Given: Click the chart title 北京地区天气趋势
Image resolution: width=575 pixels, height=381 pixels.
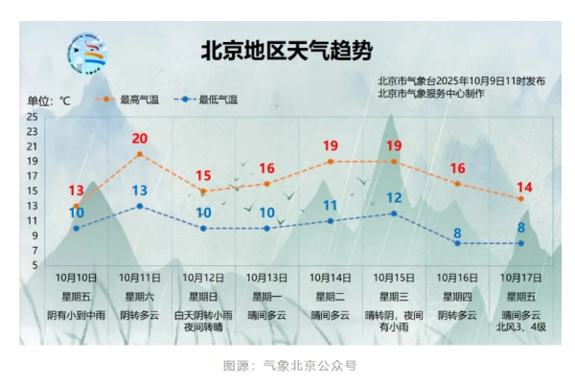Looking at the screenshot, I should (x=286, y=51).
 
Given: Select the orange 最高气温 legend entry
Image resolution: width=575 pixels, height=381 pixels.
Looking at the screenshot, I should (x=122, y=99).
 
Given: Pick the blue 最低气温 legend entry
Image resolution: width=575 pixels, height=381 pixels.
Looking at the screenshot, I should (x=206, y=99).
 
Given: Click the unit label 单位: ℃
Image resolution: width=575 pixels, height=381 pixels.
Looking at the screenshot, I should (x=49, y=100).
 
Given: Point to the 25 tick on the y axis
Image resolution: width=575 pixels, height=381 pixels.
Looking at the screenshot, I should (x=33, y=117).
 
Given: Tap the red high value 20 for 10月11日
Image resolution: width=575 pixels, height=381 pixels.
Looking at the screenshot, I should (x=140, y=139).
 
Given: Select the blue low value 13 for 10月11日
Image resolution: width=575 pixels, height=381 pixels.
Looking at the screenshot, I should (x=140, y=190).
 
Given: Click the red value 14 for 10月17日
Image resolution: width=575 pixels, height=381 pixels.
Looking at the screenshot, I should (x=521, y=187).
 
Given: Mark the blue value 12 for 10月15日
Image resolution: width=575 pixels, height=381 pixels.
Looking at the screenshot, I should (x=394, y=198).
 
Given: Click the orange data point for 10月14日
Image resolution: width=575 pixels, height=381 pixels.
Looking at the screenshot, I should (x=331, y=162).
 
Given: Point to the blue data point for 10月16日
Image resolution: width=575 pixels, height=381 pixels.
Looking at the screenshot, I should (x=458, y=243).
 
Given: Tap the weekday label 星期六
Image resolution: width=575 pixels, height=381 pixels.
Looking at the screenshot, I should (x=140, y=296).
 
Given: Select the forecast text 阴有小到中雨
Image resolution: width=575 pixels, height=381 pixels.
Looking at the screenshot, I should (x=77, y=314).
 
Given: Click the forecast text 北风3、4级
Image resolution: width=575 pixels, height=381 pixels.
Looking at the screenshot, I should (x=521, y=326).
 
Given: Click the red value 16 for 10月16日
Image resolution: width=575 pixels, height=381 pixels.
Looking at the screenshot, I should (x=458, y=169).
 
